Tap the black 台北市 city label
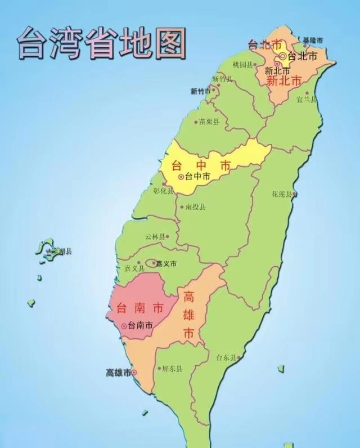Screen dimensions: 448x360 tap(302, 56)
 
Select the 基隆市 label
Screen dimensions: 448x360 tap(312, 40)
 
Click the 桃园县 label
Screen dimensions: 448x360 tap(243, 65)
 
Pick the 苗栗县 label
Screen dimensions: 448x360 tap(209, 122)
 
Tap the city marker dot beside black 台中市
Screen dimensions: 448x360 tap(181, 177)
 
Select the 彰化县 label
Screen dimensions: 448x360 tap(164, 190)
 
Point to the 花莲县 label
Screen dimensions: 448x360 tap(282, 194)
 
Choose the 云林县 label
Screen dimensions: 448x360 tap(155, 237)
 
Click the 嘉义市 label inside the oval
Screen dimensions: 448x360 tap(166, 263)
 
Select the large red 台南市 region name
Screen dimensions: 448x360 tap(139, 308)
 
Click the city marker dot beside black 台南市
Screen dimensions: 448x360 tap(124, 325)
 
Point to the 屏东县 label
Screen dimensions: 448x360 tap(172, 369)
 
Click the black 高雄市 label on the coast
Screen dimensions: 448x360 tap(118, 373)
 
